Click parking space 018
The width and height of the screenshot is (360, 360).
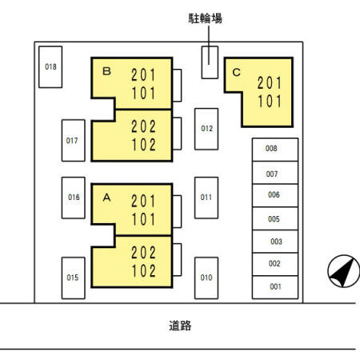(x=50, y=67)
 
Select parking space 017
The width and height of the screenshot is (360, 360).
(x=74, y=140)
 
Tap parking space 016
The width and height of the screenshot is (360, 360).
(x=74, y=198)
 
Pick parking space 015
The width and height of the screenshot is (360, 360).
(x=74, y=278)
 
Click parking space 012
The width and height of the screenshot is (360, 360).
(x=206, y=129)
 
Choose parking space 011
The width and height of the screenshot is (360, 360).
(x=206, y=198)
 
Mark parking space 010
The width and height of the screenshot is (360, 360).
(x=206, y=278)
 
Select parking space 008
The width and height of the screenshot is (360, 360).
(x=275, y=150)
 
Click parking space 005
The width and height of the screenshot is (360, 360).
(x=275, y=218)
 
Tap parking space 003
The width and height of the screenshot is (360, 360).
(x=275, y=242)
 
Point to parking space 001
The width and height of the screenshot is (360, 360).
(x=275, y=287)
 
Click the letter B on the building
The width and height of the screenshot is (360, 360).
(x=106, y=71)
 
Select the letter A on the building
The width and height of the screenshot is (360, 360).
(x=106, y=198)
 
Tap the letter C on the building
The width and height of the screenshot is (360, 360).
(x=237, y=72)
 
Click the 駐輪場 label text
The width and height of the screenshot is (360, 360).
(x=205, y=18)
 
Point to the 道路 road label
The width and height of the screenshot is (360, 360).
(x=180, y=326)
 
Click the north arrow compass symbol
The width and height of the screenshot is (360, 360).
(x=344, y=271)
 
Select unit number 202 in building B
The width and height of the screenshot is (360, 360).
(x=143, y=126)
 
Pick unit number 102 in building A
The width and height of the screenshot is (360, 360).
(x=143, y=271)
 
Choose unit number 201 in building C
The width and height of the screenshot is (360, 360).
(x=270, y=83)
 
